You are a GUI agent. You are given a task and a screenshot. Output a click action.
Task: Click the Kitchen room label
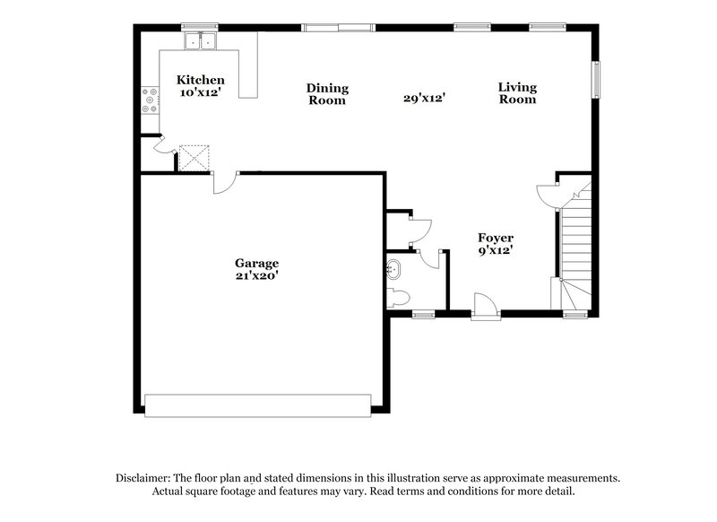pyautogui.click(x=200, y=80)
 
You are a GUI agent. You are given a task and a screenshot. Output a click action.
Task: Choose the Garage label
pyautogui.click(x=257, y=263)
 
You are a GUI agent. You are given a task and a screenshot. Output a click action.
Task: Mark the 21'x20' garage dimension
pyautogui.click(x=257, y=276)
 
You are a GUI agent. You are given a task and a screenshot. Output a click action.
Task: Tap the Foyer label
pyautogui.click(x=496, y=239)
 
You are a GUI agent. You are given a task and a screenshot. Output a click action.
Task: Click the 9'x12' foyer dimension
pyautogui.click(x=496, y=252)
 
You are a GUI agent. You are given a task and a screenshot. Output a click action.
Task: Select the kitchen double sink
pyautogui.click(x=202, y=41)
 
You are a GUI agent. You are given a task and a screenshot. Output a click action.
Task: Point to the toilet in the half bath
pyautogui.click(x=399, y=296)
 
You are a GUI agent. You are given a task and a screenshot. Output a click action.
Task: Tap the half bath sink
pyautogui.click(x=393, y=267)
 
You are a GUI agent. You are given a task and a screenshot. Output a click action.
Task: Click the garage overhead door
pyautogui.click(x=258, y=405)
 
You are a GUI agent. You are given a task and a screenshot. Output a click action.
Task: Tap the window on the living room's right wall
pyautogui.click(x=594, y=78)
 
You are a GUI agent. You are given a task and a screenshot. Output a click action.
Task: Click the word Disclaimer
pyautogui.click(x=147, y=478)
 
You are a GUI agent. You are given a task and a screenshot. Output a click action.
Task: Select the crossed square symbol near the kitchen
pyautogui.click(x=194, y=158)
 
